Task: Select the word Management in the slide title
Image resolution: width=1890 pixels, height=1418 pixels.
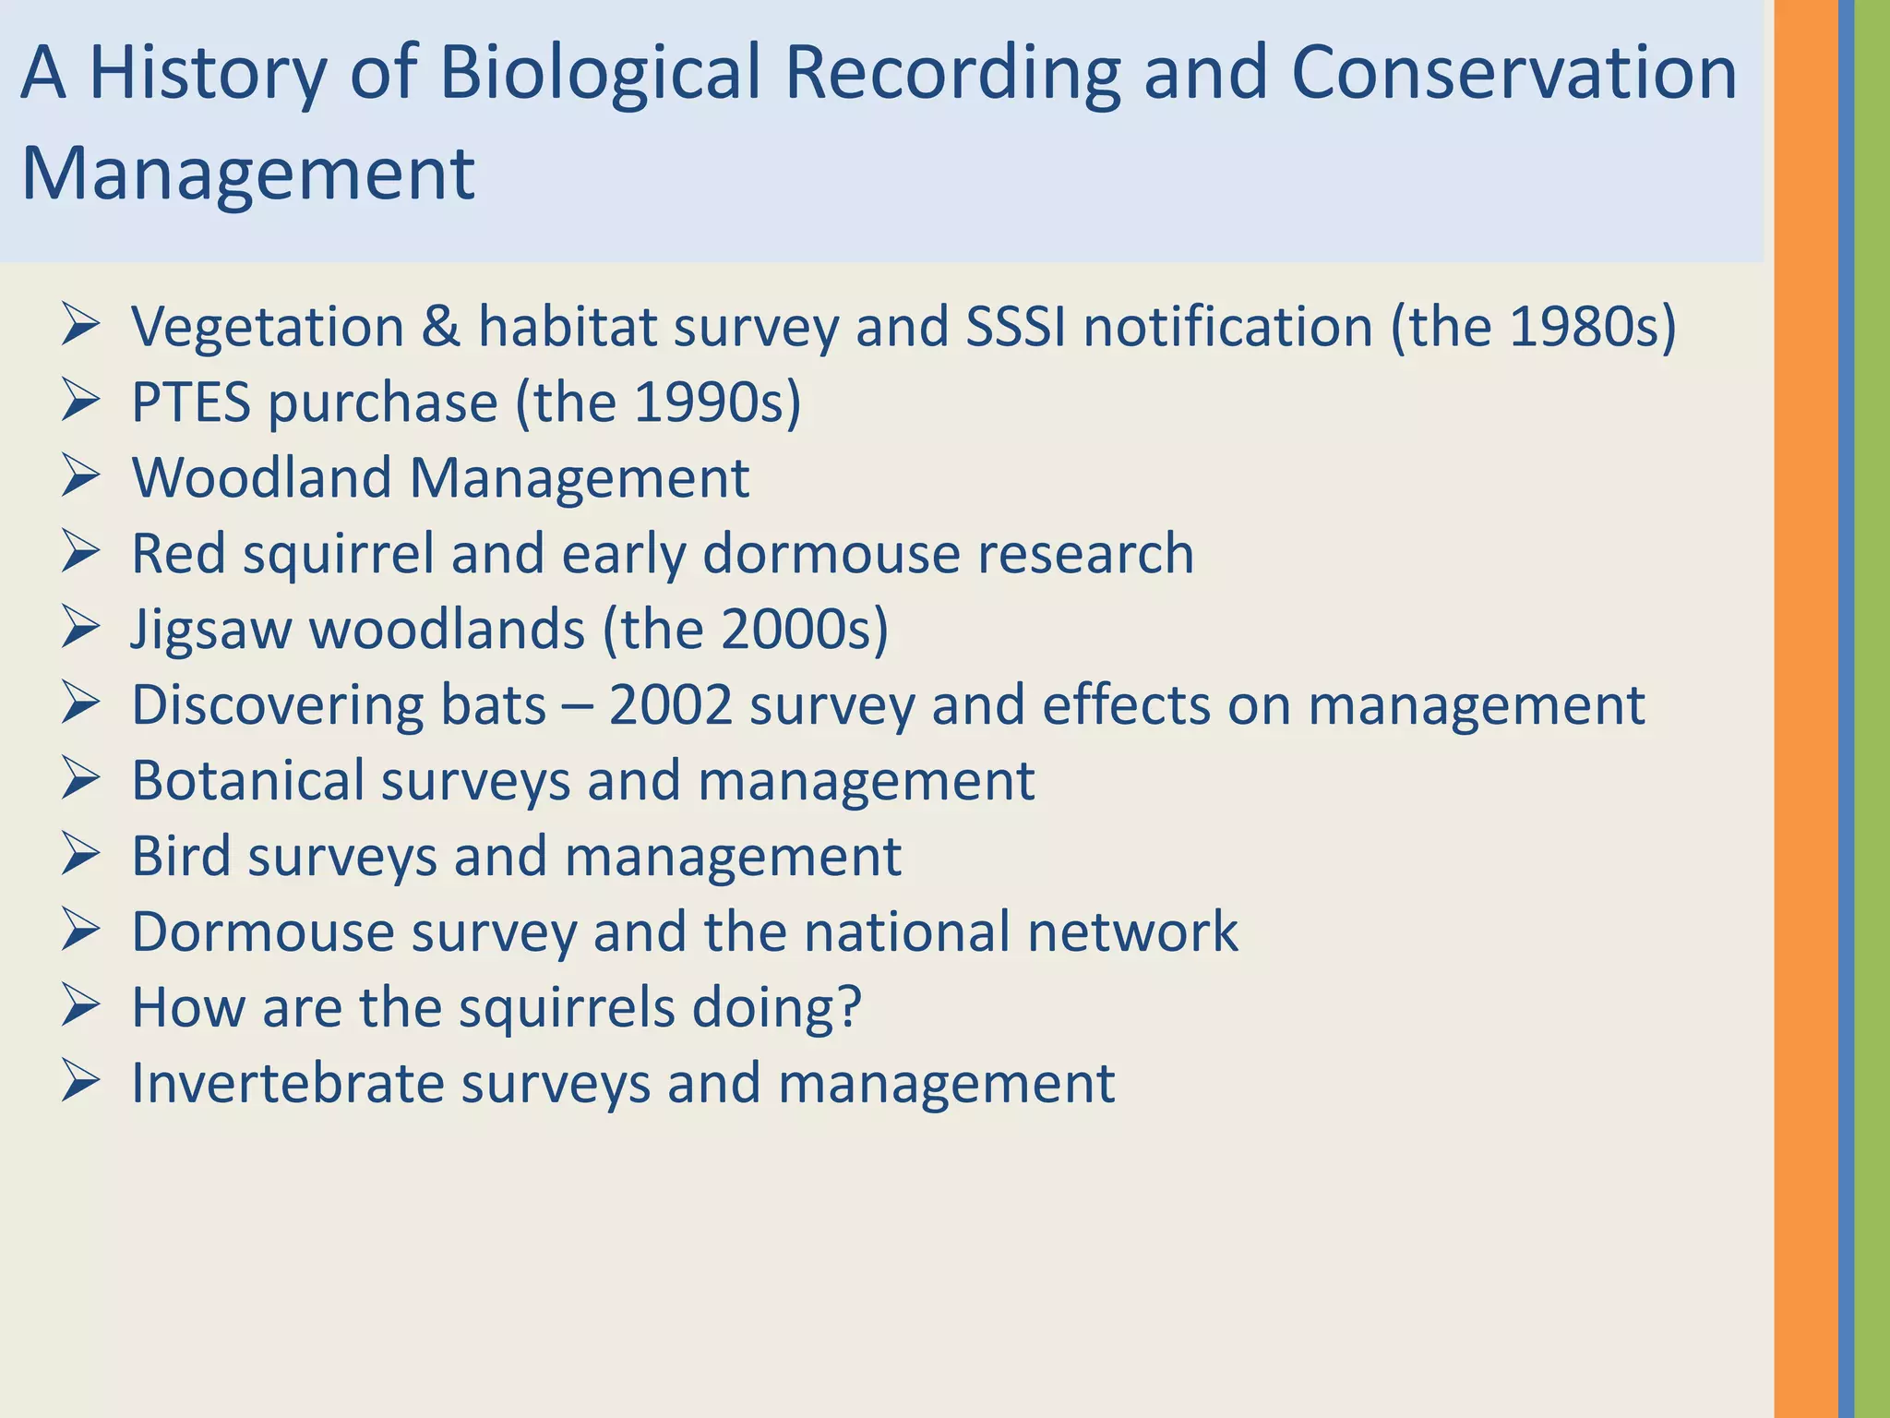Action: point(247,174)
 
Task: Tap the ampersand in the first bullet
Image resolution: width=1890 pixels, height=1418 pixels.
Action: point(440,327)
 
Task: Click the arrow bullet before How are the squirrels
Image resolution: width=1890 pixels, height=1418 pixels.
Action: point(81,1006)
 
